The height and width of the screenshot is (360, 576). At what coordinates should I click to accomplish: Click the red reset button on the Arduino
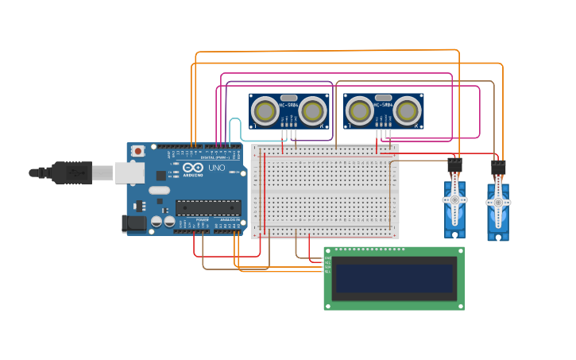click(138, 150)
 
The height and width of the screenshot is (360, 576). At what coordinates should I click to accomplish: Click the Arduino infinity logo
click(193, 168)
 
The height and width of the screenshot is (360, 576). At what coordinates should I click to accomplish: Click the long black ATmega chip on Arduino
click(208, 207)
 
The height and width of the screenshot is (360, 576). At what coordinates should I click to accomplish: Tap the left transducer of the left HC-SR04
click(264, 111)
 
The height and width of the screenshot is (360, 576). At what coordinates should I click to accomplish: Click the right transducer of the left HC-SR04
click(313, 111)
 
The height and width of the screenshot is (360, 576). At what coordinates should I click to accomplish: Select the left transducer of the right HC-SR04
click(359, 111)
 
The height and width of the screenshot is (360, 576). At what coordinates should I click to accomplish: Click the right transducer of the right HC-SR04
click(408, 111)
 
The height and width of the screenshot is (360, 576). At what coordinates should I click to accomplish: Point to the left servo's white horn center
click(455, 201)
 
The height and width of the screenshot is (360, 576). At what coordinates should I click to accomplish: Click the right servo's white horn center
click(498, 203)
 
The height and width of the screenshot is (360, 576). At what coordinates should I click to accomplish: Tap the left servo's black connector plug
click(455, 166)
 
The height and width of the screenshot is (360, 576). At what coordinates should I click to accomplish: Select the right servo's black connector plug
click(498, 168)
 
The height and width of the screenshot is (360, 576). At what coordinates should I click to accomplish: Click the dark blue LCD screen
click(394, 278)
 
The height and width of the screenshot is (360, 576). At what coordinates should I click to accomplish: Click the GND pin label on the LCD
click(327, 257)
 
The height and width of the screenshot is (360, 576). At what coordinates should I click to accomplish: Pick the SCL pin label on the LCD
click(327, 272)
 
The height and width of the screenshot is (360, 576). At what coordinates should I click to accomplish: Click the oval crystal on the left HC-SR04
click(288, 98)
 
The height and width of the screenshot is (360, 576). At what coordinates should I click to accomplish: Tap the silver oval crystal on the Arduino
click(159, 190)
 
